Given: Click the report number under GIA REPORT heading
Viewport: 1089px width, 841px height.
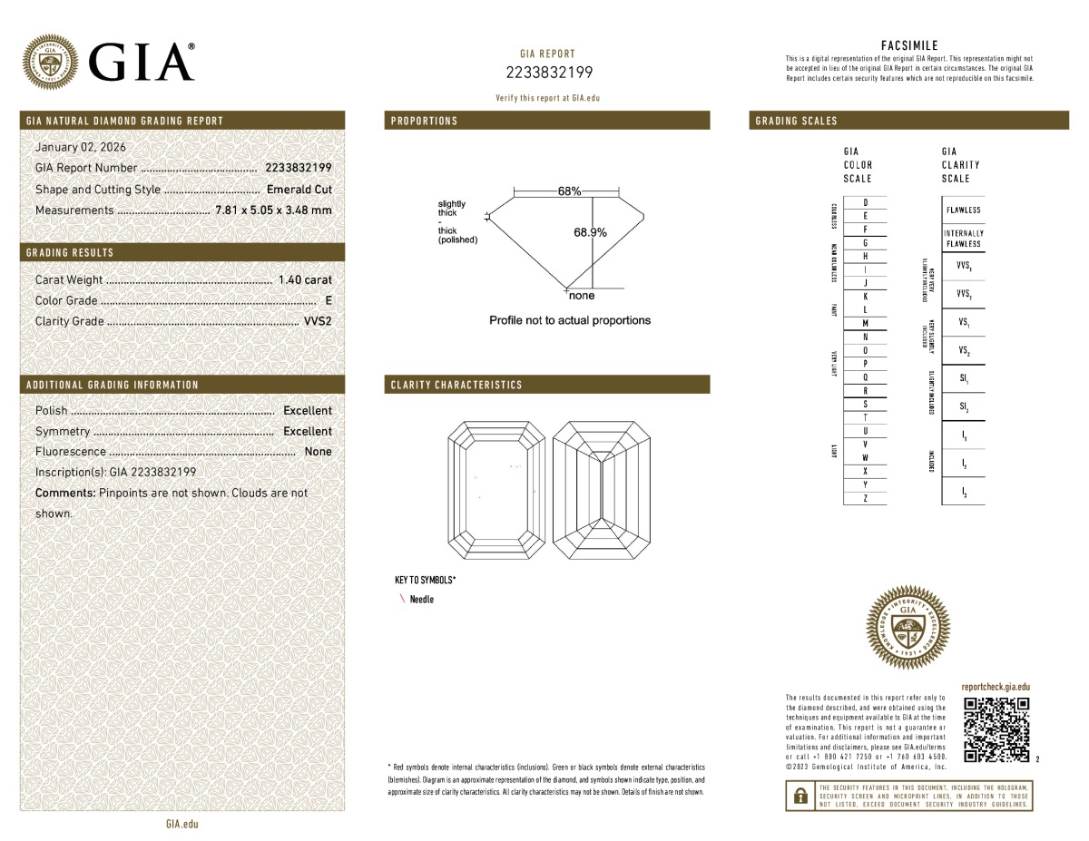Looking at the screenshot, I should pyautogui.click(x=547, y=73).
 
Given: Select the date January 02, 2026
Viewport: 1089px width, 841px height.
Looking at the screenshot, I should pyautogui.click(x=80, y=147).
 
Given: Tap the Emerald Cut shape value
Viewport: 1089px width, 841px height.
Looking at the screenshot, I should pyautogui.click(x=299, y=190).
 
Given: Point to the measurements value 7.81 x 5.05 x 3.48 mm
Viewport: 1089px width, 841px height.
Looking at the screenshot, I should pyautogui.click(x=273, y=210).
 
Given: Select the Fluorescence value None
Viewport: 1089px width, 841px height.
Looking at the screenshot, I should pyautogui.click(x=318, y=452).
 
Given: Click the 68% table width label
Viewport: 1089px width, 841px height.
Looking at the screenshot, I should pyautogui.click(x=569, y=191).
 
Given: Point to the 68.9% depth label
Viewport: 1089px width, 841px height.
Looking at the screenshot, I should pyautogui.click(x=590, y=232).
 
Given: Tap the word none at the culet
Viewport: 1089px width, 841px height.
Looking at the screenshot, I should pyautogui.click(x=582, y=296).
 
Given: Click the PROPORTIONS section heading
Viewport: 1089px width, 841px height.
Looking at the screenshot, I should pyautogui.click(x=424, y=121).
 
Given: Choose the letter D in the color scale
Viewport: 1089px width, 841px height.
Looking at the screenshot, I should pyautogui.click(x=865, y=202).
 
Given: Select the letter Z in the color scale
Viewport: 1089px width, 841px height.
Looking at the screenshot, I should pyautogui.click(x=865, y=498).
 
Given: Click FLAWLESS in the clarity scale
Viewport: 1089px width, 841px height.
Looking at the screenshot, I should pyautogui.click(x=963, y=210).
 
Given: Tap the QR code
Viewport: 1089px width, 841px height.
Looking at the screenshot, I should pyautogui.click(x=996, y=730).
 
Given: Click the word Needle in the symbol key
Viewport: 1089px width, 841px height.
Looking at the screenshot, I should pyautogui.click(x=422, y=600).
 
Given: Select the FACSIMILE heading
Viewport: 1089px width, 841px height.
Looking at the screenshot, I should pyautogui.click(x=909, y=45).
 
